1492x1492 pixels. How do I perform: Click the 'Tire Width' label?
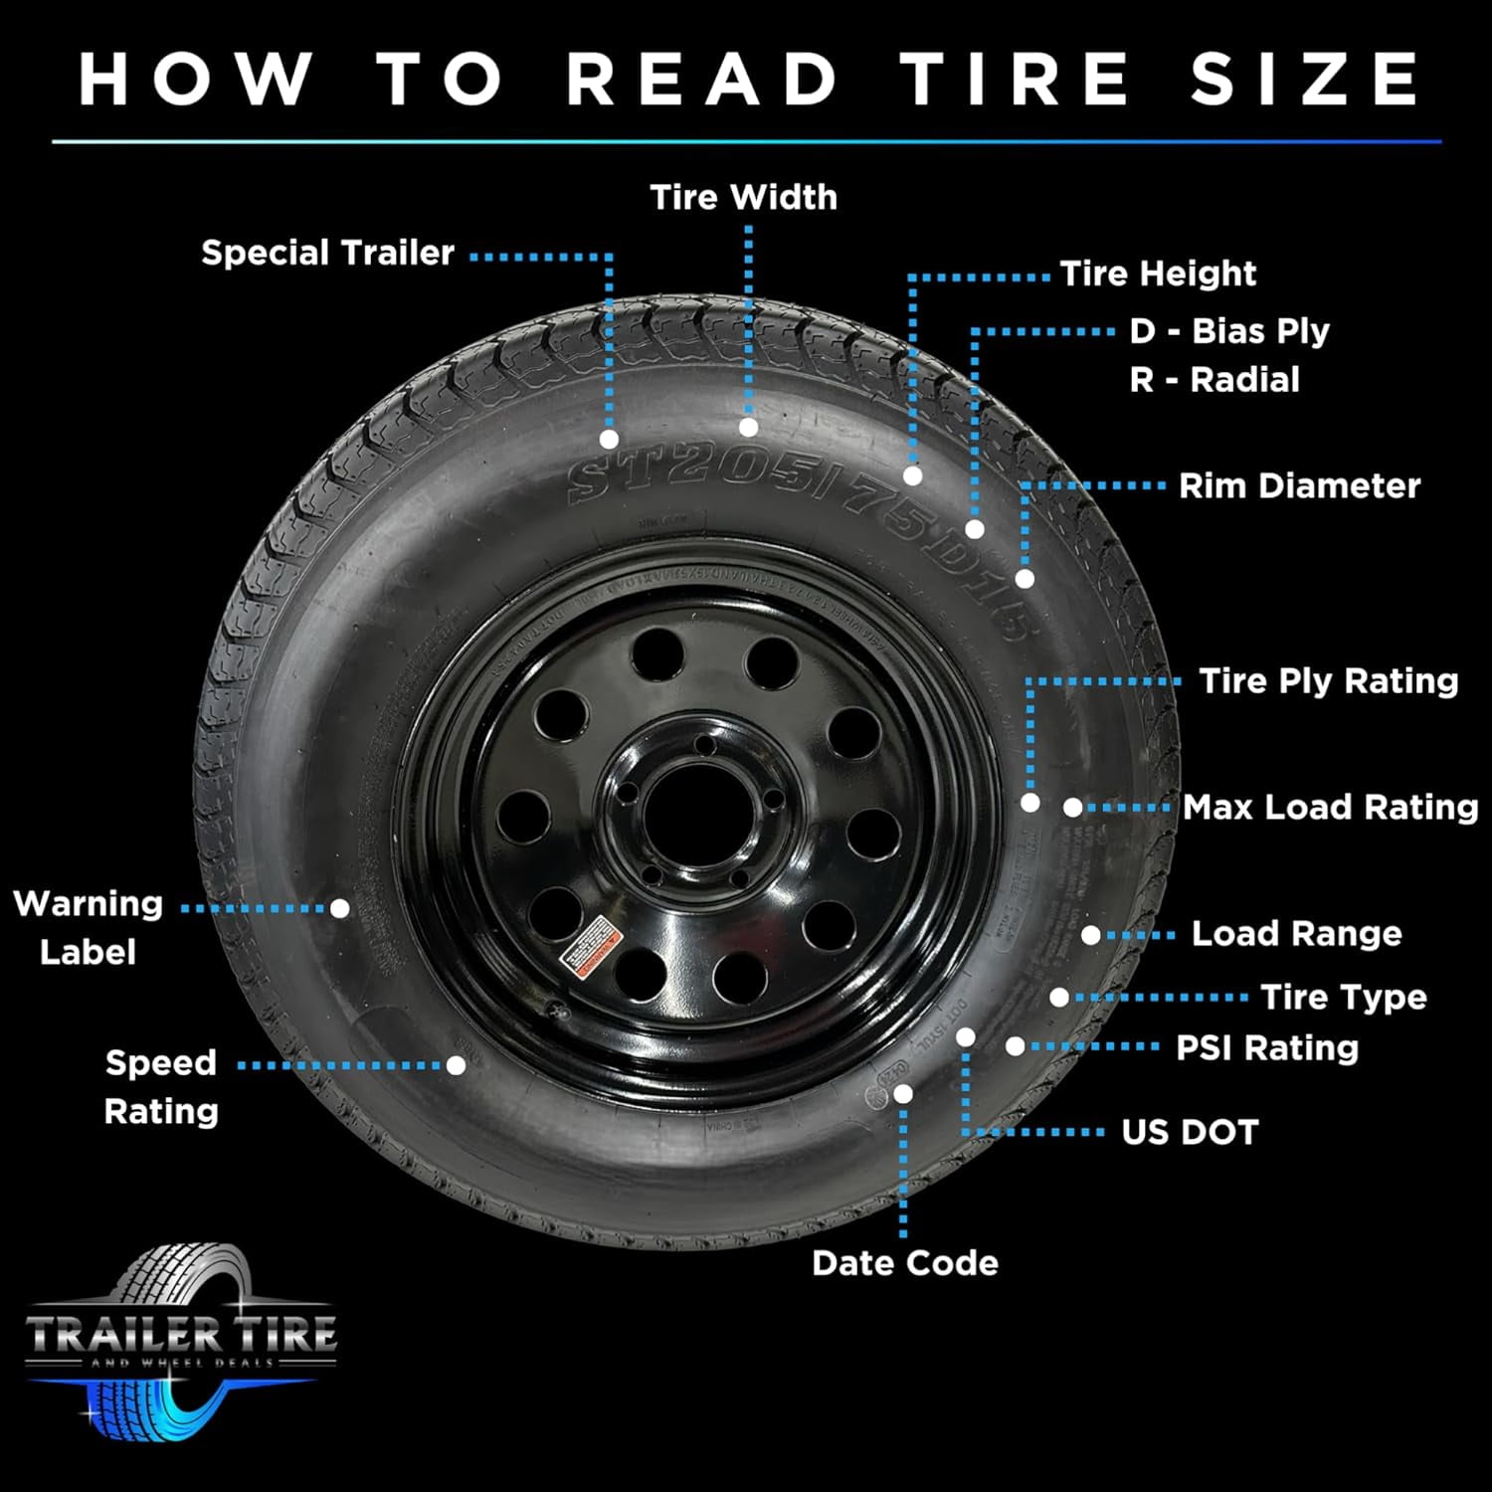coord(743,197)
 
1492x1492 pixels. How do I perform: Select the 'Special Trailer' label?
coord(327,253)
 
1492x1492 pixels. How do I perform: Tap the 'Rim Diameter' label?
coord(1299,486)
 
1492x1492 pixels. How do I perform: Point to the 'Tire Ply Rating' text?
coord(1328,681)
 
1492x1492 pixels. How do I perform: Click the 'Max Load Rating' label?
coord(1330,807)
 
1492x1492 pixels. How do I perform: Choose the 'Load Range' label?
coord(1296,934)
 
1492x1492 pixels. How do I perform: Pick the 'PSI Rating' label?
coord(1266,1047)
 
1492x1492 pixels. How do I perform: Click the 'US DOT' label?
coord(1190,1132)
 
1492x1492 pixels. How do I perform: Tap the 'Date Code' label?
coord(904,1263)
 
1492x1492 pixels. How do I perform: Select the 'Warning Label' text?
coord(88,927)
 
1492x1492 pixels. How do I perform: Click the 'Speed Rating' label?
coord(161,1086)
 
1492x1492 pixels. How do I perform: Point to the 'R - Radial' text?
coord(1214,380)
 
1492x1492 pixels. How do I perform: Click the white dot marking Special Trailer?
coord(610,439)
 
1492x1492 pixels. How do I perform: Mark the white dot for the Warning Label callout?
coord(340,908)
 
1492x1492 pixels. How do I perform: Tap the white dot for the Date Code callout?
coord(903,1094)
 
